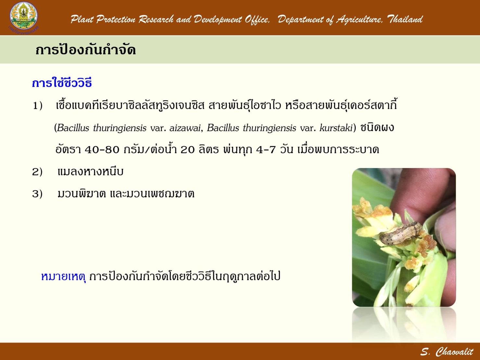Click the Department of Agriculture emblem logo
24,18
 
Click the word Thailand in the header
405,19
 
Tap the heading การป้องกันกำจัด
85,50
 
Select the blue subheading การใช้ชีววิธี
62,82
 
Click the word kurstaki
336,128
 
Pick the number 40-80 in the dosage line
102,150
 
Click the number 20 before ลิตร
187,150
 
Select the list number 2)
37,172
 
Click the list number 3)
37,194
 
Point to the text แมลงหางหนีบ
91,172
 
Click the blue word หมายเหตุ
63,276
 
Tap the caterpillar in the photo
400,233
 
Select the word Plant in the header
82,19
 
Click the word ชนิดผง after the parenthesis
377,128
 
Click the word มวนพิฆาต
82,194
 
